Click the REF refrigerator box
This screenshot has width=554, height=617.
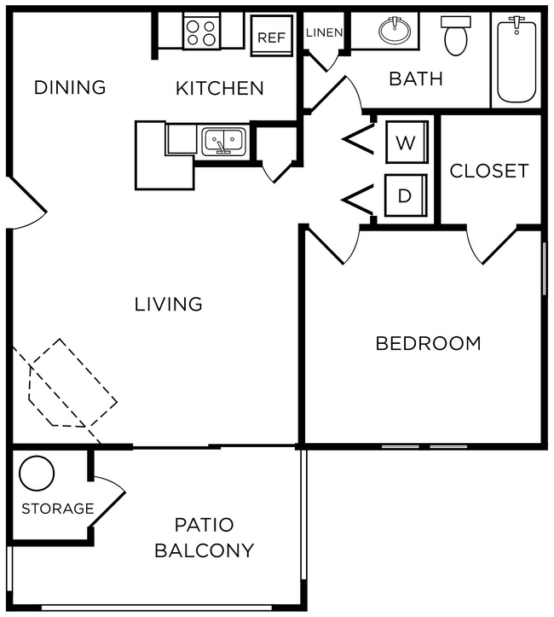[x=271, y=37]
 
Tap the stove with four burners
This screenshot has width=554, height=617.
[x=202, y=32]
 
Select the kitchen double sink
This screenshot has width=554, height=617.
[x=223, y=140]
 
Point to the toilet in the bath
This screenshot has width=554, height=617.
[x=456, y=36]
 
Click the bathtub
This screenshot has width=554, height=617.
[x=516, y=60]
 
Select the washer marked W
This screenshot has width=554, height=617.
[x=405, y=143]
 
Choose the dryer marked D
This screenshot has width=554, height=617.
[x=405, y=195]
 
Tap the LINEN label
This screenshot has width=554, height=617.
[x=324, y=32]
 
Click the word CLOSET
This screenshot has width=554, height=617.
[x=489, y=171]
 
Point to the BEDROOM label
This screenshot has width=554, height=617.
[x=428, y=344]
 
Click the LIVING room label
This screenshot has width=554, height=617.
[x=169, y=304]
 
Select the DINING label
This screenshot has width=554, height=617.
[x=70, y=87]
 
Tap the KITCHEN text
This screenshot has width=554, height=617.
[x=220, y=88]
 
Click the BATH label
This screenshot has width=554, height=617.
[x=416, y=79]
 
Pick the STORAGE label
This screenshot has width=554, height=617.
[x=57, y=509]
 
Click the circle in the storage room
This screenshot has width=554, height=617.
[x=37, y=473]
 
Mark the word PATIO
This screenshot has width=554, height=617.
[x=204, y=524]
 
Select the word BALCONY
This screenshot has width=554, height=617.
[x=204, y=550]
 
